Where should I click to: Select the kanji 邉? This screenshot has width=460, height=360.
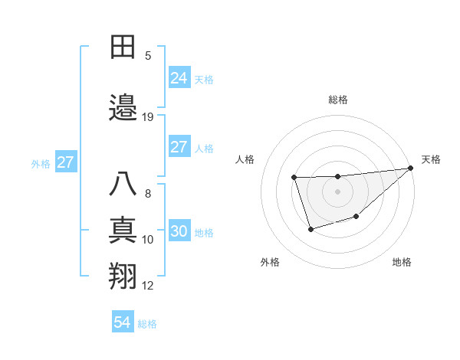click(x=123, y=108)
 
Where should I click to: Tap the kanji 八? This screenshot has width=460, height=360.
click(x=123, y=185)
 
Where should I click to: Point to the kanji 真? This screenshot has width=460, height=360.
click(x=123, y=231)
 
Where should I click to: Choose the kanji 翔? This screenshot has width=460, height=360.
click(x=123, y=277)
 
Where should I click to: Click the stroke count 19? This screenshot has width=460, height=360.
click(x=148, y=117)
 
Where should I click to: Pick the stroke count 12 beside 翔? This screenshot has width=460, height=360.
click(x=148, y=286)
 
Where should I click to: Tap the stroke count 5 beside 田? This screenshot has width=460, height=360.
click(x=148, y=56)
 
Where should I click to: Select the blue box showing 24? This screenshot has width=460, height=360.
click(x=179, y=78)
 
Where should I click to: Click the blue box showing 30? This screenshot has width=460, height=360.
click(x=179, y=232)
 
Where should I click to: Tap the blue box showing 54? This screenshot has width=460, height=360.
click(x=122, y=322)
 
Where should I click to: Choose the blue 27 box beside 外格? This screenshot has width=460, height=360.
click(x=65, y=162)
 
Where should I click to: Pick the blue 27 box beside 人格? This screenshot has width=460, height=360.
click(x=179, y=148)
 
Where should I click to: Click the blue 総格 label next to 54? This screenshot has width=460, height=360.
click(x=147, y=324)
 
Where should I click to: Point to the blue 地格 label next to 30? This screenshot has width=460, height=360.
click(x=204, y=233)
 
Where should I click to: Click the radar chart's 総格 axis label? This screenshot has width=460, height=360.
click(x=338, y=100)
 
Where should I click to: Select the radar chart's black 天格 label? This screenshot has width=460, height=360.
click(x=431, y=159)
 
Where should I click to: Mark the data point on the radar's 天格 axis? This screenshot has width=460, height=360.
click(x=411, y=168)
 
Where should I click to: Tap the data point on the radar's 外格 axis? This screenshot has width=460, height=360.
click(x=310, y=229)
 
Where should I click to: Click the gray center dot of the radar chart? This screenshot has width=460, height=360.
click(x=338, y=191)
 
